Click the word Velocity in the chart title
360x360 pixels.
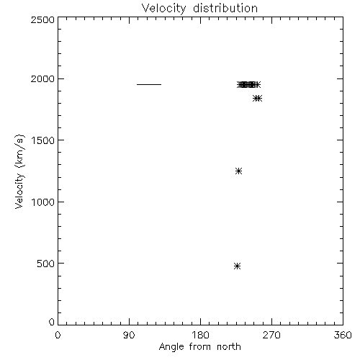163,9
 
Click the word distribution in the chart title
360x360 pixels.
225,8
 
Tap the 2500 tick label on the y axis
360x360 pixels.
42,19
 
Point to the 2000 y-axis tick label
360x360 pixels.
42,78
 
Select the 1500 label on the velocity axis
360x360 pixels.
43,140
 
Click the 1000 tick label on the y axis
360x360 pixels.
43,202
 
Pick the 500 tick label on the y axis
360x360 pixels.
46,264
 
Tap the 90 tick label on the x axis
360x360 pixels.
129,335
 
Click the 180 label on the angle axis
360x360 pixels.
200,335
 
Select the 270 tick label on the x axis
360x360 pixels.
271,335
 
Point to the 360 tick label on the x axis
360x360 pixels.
343,335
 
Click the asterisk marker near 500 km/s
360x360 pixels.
237,266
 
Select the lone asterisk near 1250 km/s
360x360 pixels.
238,171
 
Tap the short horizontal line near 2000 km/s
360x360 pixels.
149,84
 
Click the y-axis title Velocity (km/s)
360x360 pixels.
19,172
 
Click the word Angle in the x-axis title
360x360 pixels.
171,347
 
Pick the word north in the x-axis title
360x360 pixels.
229,346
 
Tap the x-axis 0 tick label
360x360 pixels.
58,335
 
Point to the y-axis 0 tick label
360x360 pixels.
52,322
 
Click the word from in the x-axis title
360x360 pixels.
200,346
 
